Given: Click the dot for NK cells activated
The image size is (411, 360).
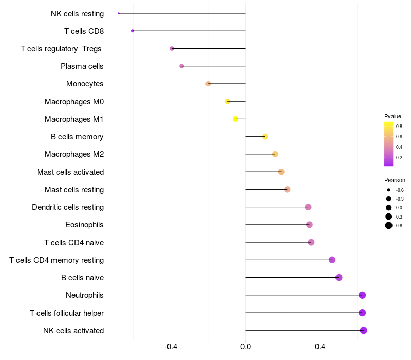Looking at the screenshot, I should (364, 330).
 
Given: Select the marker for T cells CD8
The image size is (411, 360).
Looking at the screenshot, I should (133, 31).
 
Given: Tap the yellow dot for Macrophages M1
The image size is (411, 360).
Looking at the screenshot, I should (236, 119).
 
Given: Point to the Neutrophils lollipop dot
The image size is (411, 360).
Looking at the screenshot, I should (362, 295).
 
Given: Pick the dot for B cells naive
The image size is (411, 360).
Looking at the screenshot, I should (339, 278).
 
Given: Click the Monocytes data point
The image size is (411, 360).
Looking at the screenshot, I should (208, 84).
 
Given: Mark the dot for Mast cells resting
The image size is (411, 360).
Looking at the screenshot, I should (287, 190).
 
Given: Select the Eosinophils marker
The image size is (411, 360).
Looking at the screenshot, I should (309, 225).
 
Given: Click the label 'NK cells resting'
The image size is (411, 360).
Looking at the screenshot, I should (77, 14).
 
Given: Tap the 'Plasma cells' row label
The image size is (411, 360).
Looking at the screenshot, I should (82, 66).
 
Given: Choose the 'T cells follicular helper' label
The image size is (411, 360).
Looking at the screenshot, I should (67, 313).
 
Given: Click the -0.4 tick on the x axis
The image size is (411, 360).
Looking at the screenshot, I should (171, 347).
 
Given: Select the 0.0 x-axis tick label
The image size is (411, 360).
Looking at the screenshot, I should (246, 347).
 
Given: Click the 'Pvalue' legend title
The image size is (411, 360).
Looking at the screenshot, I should (393, 116).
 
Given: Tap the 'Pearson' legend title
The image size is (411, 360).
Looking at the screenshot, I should (395, 180).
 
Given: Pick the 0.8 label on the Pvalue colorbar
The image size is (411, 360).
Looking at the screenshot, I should (399, 126).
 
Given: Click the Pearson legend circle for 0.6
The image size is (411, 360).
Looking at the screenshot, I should (389, 225).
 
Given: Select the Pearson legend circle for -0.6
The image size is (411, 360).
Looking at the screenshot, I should (389, 190).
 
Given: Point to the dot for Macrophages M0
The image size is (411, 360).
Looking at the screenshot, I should (227, 101).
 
